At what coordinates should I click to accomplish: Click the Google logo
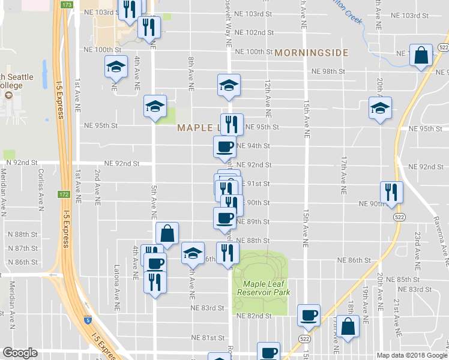point(20,353)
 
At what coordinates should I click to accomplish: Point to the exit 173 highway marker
point(66,5)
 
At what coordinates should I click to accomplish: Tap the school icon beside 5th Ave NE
point(155,107)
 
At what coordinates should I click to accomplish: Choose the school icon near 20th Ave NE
point(379,108)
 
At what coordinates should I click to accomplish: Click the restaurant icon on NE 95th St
point(232,124)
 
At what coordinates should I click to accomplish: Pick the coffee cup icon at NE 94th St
point(225,146)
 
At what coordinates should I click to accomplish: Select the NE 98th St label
point(328,71)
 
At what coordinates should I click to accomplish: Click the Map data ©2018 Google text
point(411,355)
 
